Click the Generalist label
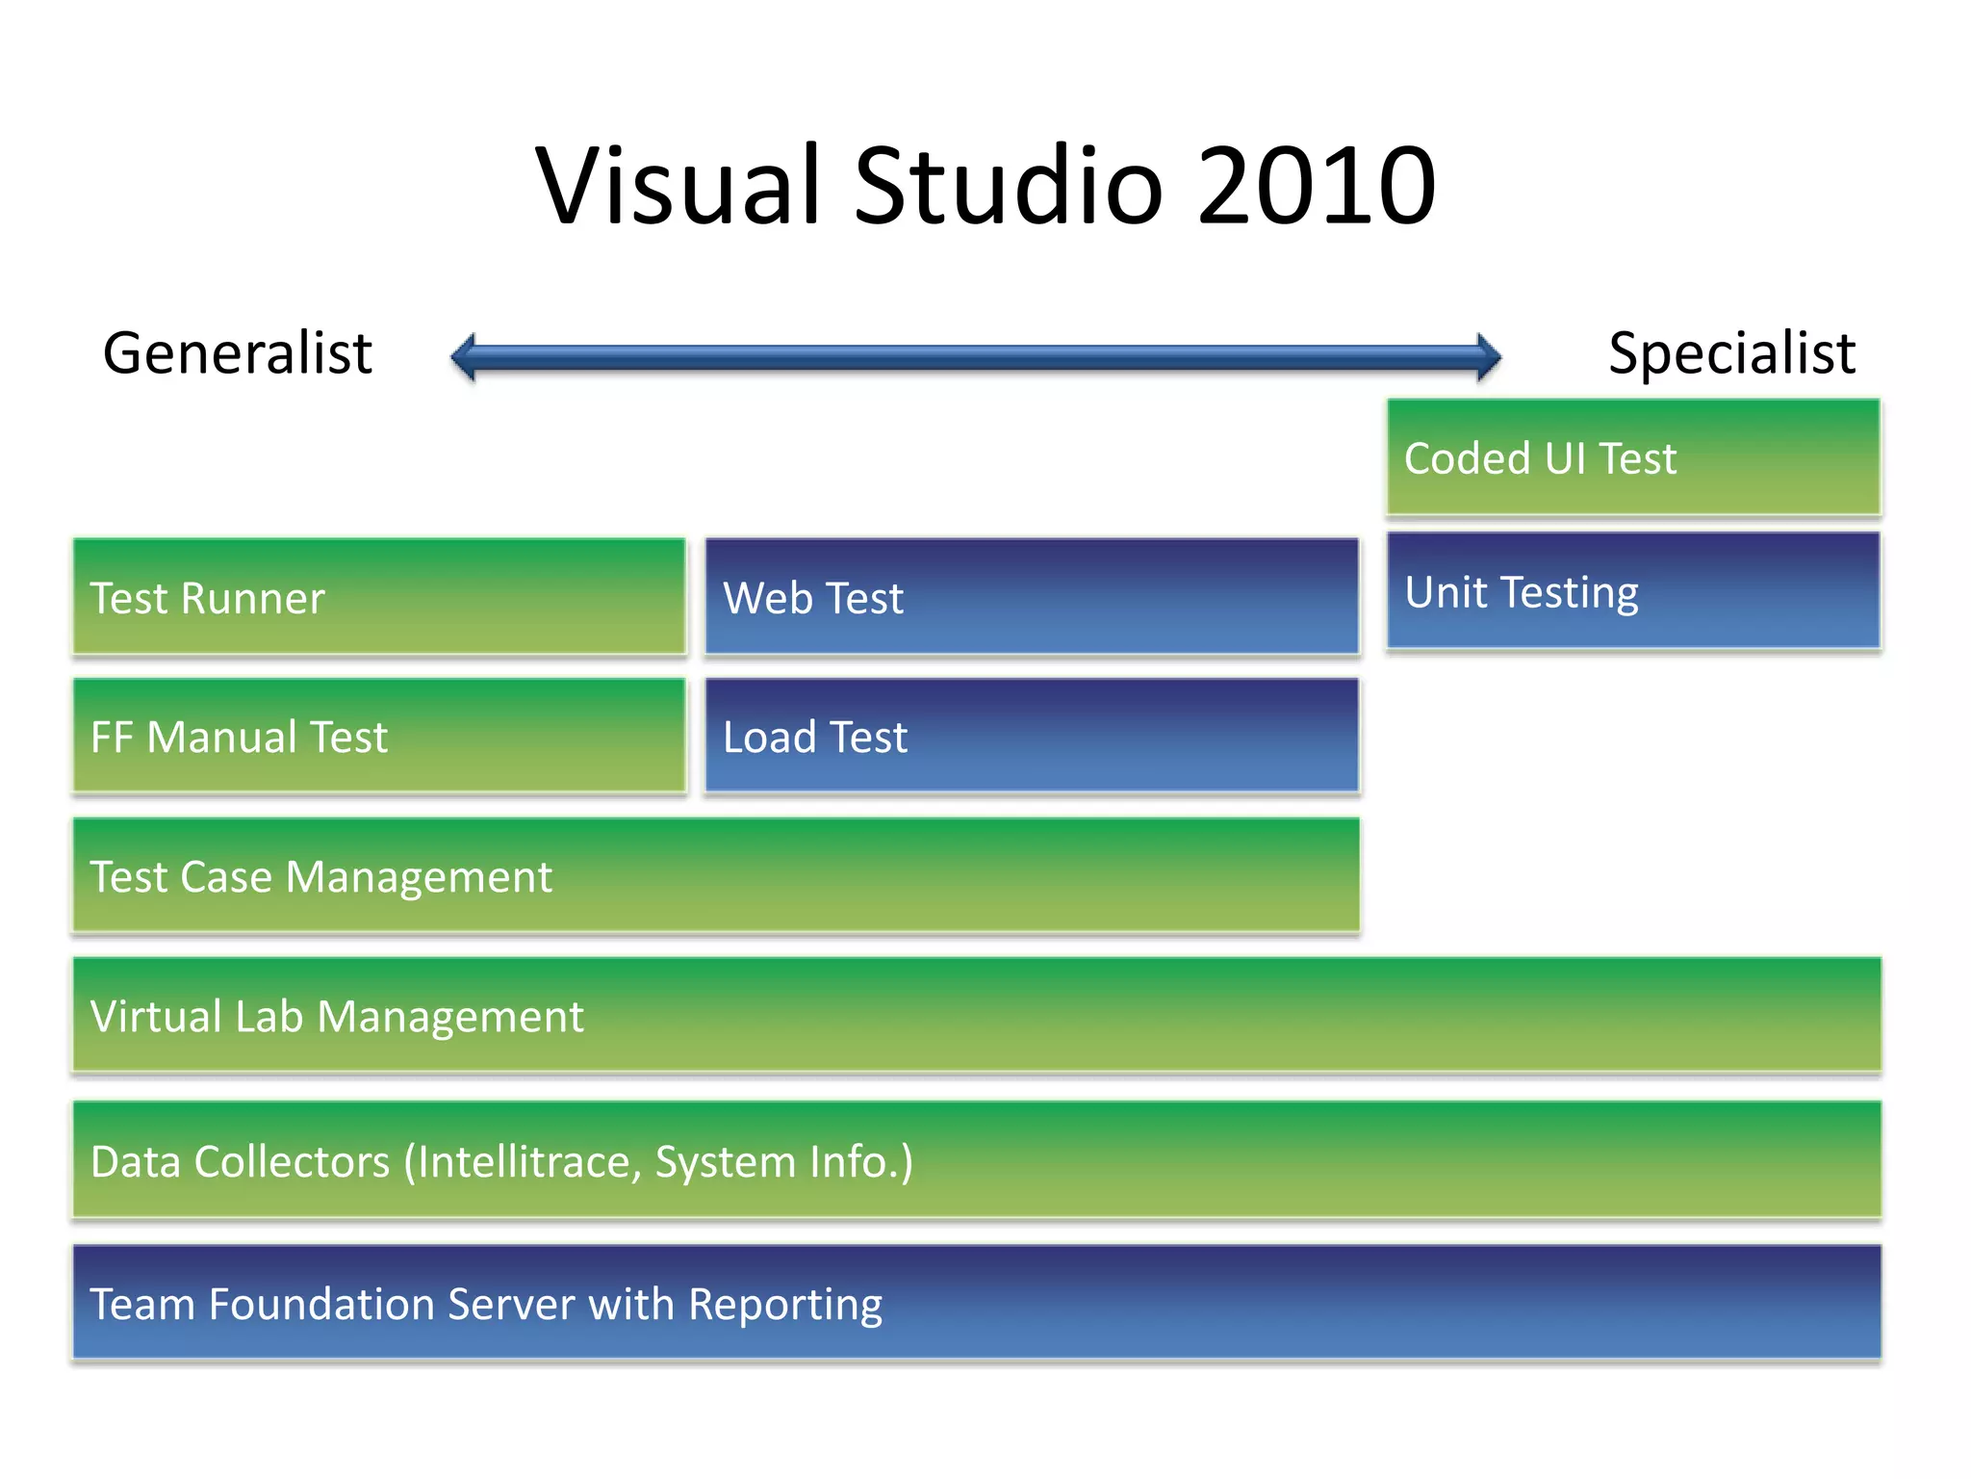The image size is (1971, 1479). coord(237,353)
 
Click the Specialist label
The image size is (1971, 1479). coord(1731,353)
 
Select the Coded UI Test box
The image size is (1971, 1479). coord(1632,457)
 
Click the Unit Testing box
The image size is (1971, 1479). coord(1632,591)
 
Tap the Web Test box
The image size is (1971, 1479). coord(1032,597)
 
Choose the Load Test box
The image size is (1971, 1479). coord(1032,737)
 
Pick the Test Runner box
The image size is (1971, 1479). coord(379,597)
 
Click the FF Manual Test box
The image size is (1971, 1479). coord(379,737)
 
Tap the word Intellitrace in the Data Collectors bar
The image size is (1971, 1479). coord(525,1162)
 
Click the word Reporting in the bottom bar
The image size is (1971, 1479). coord(785,1306)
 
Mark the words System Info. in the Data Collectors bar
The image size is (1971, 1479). coord(782,1162)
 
